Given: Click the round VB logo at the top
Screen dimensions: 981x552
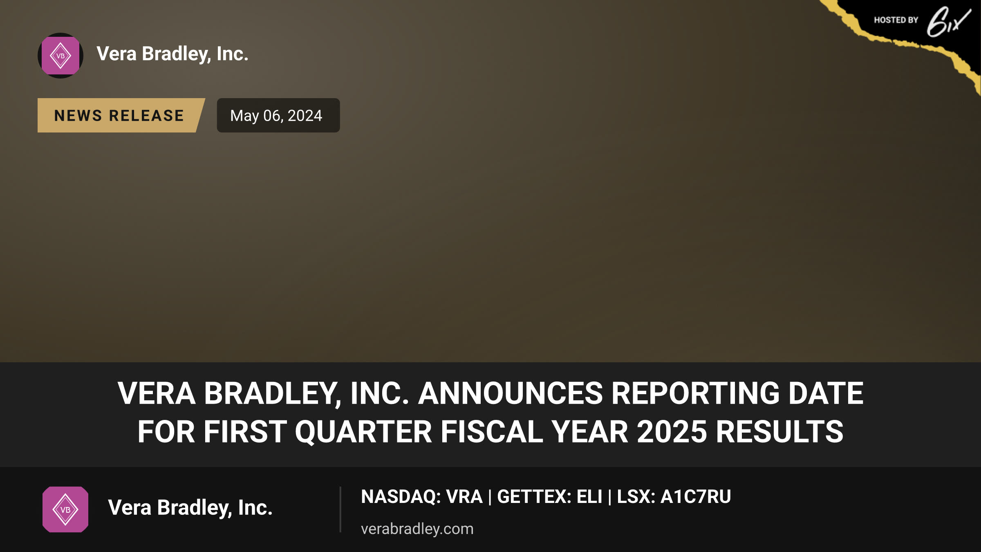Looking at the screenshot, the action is click(x=60, y=56).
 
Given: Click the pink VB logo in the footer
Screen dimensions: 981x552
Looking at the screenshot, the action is click(x=65, y=509).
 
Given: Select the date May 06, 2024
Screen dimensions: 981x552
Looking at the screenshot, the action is click(x=276, y=116).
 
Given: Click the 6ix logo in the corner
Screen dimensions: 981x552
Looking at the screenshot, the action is click(x=949, y=22).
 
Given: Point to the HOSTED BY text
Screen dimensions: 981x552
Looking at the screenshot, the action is click(x=896, y=20).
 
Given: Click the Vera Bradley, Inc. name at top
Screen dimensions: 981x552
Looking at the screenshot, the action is click(x=172, y=54).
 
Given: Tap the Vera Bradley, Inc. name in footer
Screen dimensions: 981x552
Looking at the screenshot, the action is click(x=190, y=508).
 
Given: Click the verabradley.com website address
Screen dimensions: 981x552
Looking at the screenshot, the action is click(x=417, y=529).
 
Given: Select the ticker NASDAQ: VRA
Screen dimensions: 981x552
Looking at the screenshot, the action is click(x=422, y=497).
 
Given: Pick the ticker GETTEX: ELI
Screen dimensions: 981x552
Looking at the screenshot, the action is click(x=550, y=497).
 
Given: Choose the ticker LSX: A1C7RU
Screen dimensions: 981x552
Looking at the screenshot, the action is click(x=674, y=497).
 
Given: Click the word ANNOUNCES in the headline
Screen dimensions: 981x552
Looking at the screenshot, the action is click(x=511, y=393).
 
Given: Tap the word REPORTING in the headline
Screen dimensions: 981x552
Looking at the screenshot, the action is click(x=696, y=393).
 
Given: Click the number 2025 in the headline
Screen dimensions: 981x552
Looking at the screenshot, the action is click(x=672, y=432).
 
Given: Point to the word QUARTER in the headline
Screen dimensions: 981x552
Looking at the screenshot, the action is click(x=363, y=432).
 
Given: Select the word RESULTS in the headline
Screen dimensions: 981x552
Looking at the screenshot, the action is click(x=779, y=432).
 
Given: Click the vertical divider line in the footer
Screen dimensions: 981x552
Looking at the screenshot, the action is click(x=340, y=509).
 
